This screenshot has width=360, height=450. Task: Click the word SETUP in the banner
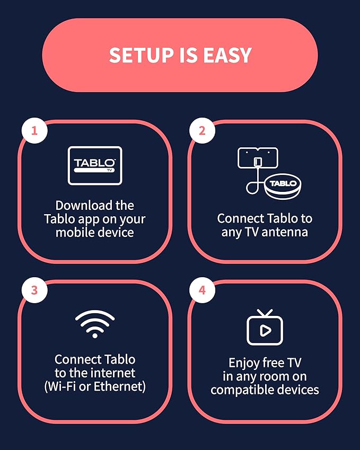coord(142,55)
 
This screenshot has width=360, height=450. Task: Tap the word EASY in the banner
coord(227,55)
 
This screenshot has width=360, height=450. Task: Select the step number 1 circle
coord(34,130)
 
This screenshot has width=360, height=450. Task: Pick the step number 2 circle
coord(202,130)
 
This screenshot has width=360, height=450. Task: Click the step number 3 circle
coord(34,290)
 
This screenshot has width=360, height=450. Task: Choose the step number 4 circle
coord(202,290)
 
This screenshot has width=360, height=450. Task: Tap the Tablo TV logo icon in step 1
coord(95,165)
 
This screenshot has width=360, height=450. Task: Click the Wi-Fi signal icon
coord(95,324)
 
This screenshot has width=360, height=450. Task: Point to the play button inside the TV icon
coord(265,331)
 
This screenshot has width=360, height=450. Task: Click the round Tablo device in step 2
coord(283,188)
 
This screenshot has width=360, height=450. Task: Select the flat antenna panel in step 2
coord(258,158)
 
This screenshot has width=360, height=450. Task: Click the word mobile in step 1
coord(74,232)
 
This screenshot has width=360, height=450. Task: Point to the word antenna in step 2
coord(285,232)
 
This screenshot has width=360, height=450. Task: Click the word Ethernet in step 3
coord(119,386)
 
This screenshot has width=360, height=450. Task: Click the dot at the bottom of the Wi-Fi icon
coord(95,335)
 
